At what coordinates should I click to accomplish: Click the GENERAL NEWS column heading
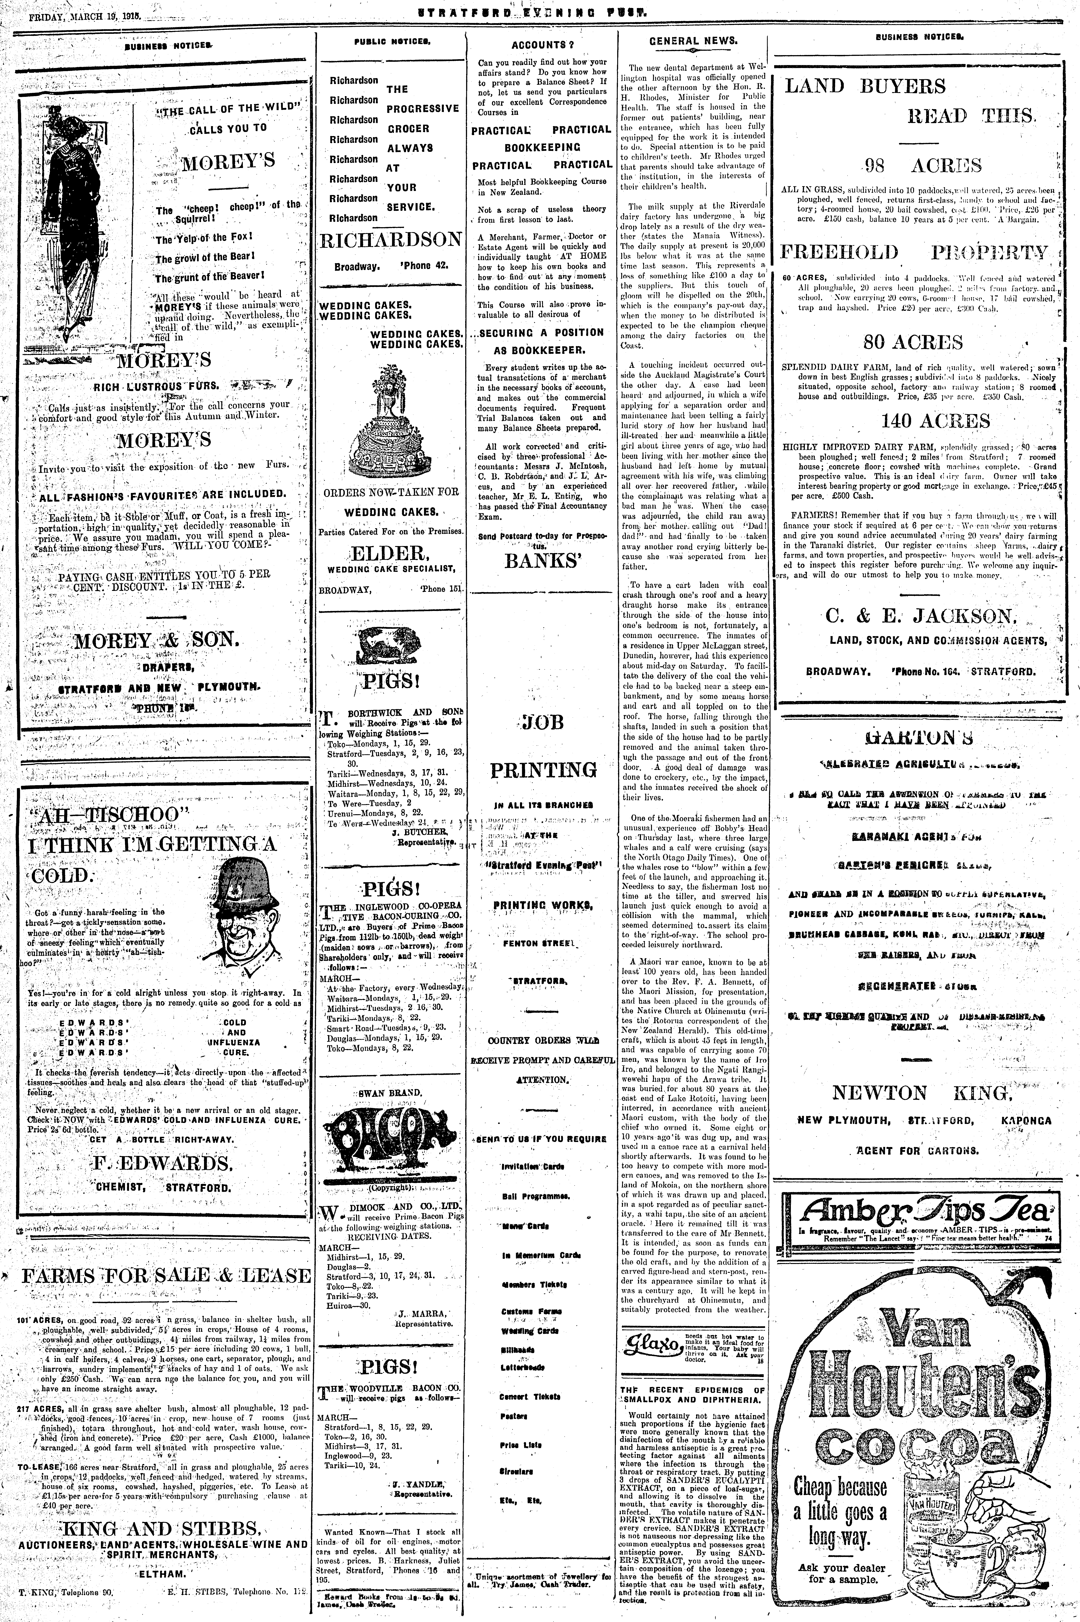click(693, 41)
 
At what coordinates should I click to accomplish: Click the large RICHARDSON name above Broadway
click(390, 240)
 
